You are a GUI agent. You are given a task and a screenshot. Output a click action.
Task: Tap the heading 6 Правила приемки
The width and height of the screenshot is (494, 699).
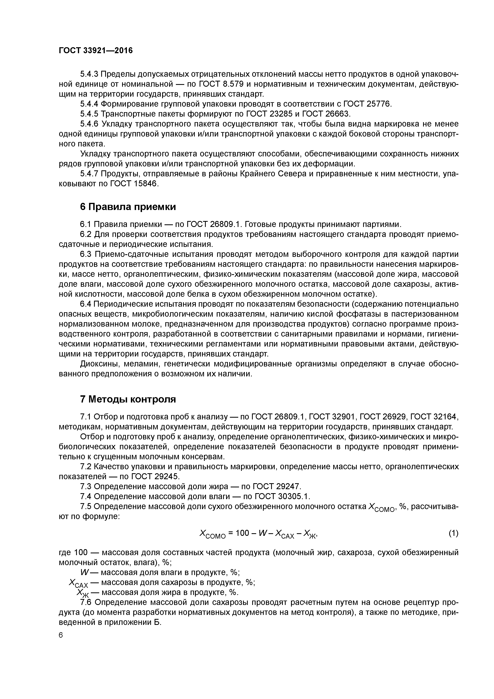point(128,207)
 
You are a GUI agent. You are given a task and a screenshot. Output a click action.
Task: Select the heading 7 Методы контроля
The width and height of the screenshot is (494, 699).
point(128,399)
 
